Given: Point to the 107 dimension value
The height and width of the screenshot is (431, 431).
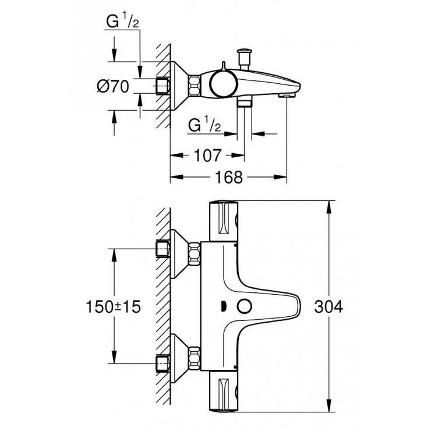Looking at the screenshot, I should [207, 155].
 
